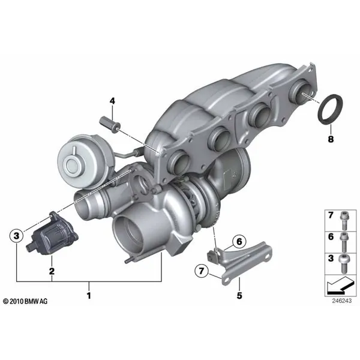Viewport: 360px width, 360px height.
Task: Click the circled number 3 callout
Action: (x=17, y=236)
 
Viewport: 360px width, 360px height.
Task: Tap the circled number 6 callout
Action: (x=239, y=242)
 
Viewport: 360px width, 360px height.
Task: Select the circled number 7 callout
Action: (x=202, y=271)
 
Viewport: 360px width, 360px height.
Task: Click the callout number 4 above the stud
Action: (x=112, y=101)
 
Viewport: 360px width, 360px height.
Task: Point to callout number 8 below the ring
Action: (x=331, y=139)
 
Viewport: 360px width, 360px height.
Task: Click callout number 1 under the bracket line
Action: (x=89, y=295)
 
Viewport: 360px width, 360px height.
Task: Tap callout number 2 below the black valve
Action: (x=52, y=271)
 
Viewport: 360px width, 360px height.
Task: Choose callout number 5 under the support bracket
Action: (x=239, y=295)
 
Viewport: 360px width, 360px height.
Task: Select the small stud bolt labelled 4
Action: (x=110, y=124)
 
